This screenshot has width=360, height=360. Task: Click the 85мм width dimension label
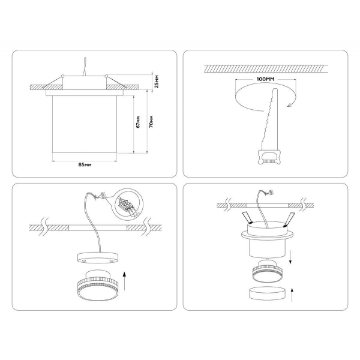click(x=85, y=164)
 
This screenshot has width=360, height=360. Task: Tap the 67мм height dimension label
click(x=138, y=122)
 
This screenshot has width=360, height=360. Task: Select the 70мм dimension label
click(x=151, y=121)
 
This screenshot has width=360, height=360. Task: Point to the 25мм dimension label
click(x=157, y=81)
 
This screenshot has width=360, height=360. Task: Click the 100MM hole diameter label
click(x=265, y=79)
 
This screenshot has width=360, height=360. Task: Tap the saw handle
click(x=269, y=157)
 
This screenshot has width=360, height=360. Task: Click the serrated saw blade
click(x=270, y=119)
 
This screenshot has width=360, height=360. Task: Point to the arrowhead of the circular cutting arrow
click(x=290, y=105)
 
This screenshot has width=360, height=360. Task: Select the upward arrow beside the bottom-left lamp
click(x=124, y=281)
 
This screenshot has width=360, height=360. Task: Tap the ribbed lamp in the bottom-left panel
click(x=97, y=286)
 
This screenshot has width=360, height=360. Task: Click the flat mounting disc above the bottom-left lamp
click(x=98, y=257)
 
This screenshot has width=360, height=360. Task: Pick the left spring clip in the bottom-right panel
click(x=247, y=218)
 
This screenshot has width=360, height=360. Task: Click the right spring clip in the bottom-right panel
click(x=289, y=220)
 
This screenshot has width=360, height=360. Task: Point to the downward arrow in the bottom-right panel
click(x=290, y=257)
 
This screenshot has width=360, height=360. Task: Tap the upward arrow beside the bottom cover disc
click(x=292, y=295)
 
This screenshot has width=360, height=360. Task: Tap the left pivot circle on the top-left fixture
click(x=62, y=76)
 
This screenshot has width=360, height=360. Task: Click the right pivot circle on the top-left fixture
click(x=106, y=76)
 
